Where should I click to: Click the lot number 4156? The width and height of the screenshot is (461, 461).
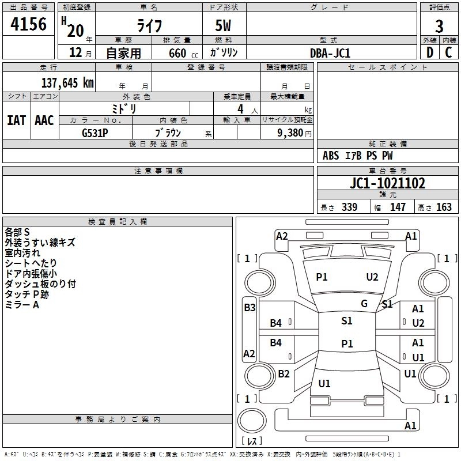(x=28, y=25)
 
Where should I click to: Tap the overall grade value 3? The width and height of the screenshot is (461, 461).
(x=439, y=27)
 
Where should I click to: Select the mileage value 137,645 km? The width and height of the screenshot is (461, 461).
(x=67, y=83)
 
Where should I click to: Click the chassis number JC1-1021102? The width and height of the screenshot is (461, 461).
(x=387, y=184)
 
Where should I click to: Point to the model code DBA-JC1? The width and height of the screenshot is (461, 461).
(x=330, y=53)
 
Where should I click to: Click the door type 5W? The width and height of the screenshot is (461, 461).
(x=224, y=27)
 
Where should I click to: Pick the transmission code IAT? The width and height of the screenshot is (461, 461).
(x=16, y=120)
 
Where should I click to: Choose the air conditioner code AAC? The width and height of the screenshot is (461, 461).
(x=44, y=120)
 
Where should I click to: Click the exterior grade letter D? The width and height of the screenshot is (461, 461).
(x=429, y=53)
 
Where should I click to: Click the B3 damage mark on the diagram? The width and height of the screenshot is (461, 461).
(x=250, y=308)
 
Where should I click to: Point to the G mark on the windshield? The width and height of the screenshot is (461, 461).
(x=364, y=304)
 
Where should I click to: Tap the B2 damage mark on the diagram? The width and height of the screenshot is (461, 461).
(x=284, y=374)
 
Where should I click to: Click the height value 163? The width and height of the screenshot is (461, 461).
(x=444, y=207)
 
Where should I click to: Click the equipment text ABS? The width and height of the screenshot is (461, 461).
(x=331, y=156)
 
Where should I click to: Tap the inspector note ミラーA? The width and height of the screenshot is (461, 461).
(x=22, y=305)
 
